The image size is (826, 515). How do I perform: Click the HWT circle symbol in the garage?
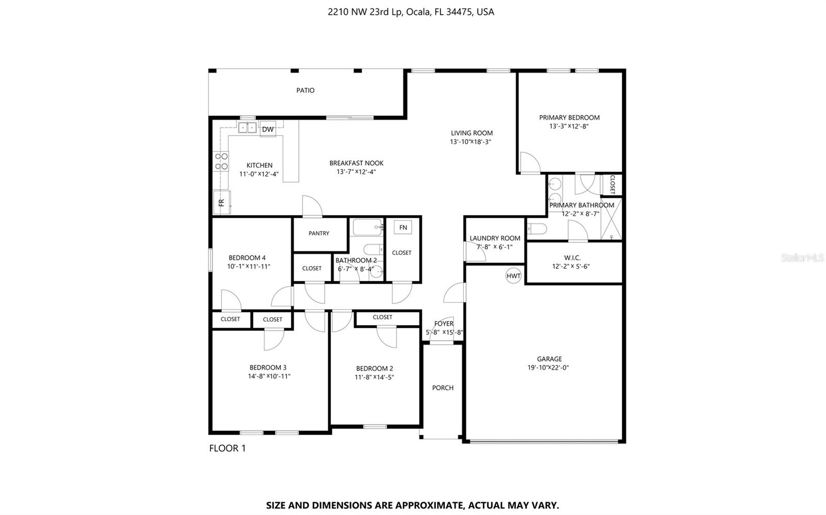click(514, 276)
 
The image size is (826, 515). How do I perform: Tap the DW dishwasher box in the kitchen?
click(268, 130)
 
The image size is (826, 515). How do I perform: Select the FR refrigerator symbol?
click(221, 202)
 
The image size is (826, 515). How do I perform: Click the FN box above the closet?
click(403, 228)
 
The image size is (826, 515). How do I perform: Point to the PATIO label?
click(305, 90)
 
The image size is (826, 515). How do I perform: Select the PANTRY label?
click(319, 233)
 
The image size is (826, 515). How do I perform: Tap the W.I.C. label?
click(572, 257)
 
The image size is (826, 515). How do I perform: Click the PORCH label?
click(442, 388)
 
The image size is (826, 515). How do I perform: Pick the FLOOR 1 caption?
click(227, 448)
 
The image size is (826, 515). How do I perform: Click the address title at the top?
click(410, 11)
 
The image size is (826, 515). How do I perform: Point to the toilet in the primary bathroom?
click(536, 229)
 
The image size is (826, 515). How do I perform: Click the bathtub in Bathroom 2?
click(367, 227)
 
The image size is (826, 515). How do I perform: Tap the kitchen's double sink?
click(247, 127)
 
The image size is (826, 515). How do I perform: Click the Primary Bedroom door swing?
click(529, 163)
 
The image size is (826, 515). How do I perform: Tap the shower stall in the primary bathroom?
click(611, 219)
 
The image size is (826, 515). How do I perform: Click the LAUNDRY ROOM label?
click(495, 238)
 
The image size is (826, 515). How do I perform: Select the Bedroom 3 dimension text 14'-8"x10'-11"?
click(269, 376)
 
